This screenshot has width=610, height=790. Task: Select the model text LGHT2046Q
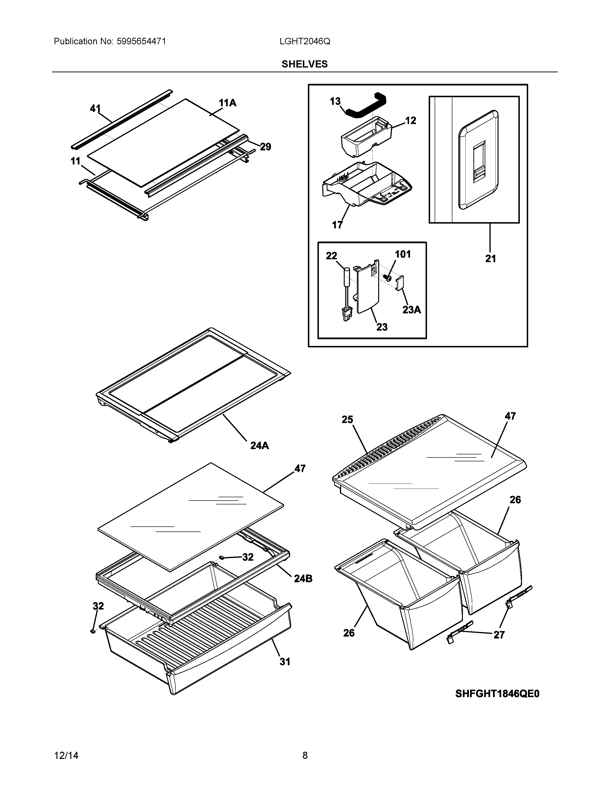tap(305, 42)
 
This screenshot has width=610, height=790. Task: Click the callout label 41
tap(95, 108)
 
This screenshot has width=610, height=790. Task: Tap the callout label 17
tap(337, 225)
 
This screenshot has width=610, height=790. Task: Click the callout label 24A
tap(260, 446)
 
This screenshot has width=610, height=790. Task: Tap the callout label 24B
tap(303, 579)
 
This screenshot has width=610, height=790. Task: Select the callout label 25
tap(347, 420)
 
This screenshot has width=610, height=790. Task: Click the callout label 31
tap(285, 662)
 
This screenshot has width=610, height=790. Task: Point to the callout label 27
tap(499, 635)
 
